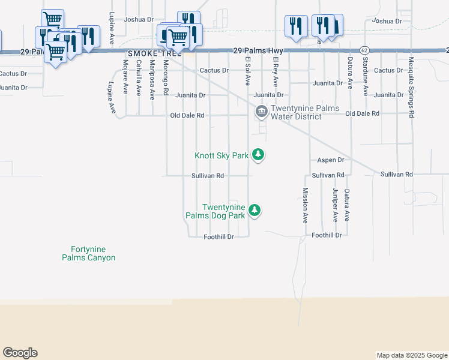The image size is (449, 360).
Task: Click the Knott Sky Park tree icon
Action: click(x=258, y=155)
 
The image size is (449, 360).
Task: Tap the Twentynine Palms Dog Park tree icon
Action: click(x=255, y=211)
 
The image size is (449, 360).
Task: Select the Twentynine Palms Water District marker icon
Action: click(x=261, y=112)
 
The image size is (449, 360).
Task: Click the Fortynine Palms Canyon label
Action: click(x=89, y=253)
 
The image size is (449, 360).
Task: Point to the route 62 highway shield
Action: click(x=364, y=50)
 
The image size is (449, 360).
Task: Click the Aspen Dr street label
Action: click(x=330, y=160)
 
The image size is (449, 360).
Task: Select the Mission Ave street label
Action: click(x=305, y=205)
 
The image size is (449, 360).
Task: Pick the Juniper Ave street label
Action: click(x=335, y=205)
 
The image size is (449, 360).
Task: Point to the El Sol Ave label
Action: click(x=247, y=71)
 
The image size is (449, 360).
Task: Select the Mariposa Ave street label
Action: click(x=152, y=79)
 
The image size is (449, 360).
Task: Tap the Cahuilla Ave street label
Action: click(x=139, y=79)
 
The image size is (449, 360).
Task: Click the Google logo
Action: click(x=20, y=353)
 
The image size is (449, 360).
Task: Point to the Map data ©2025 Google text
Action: click(x=411, y=355)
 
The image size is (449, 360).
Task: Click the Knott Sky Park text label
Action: click(x=221, y=155)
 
